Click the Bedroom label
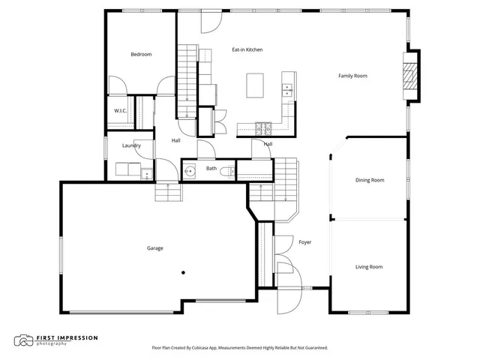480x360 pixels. tap(141, 54)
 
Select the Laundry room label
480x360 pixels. tap(132, 145)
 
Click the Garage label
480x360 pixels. tap(155, 248)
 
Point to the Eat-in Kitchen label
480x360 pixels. tap(247, 49)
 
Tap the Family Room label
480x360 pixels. tap(352, 76)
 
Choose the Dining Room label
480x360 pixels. tap(369, 180)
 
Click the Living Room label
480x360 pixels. tap(369, 267)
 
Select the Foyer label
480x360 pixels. tap(304, 242)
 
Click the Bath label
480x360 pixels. tap(211, 169)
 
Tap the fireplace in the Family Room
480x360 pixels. tap(409, 76)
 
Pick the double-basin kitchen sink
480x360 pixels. tap(286, 90)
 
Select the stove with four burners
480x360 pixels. tap(264, 127)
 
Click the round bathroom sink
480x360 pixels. tap(190, 171)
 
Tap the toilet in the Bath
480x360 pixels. tap(229, 172)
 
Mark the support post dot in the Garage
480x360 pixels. tap(182, 273)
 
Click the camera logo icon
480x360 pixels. tap(24, 340)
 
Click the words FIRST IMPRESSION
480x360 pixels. tap(67, 337)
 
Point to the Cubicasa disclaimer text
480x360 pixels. tap(239, 348)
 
